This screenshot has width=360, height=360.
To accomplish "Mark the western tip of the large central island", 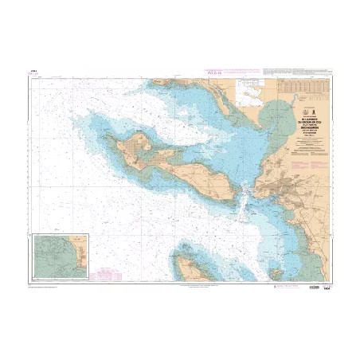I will click(x=114, y=145).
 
